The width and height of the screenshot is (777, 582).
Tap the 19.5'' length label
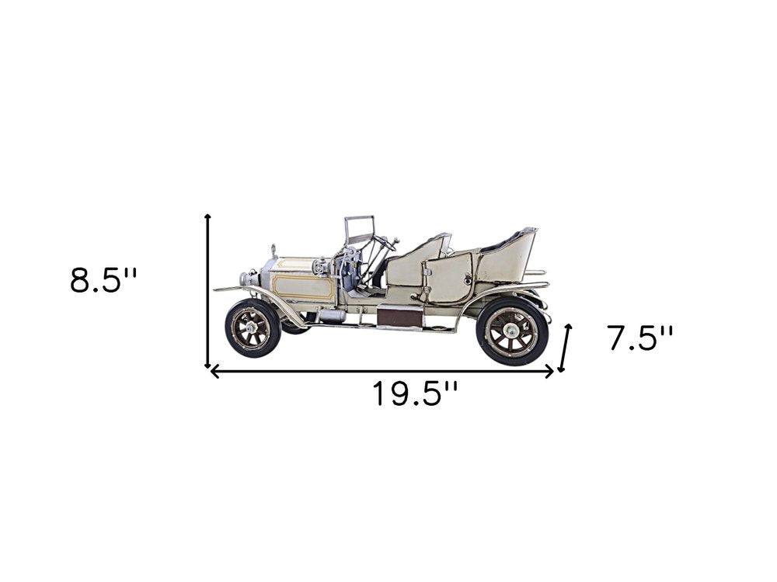pyautogui.click(x=413, y=394)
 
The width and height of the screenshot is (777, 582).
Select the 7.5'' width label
pyautogui.click(x=639, y=338)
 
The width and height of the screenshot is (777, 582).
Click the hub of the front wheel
pyautogui.click(x=253, y=328)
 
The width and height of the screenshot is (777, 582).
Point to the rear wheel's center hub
pyautogui.click(x=512, y=331)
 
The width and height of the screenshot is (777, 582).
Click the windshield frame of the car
pyautogui.click(x=359, y=230)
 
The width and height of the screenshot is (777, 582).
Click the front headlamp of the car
pyautogui.click(x=248, y=277)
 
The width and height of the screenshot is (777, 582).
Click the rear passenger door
pyautogui.click(x=449, y=277)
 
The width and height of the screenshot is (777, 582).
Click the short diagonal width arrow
pyautogui.click(x=565, y=348)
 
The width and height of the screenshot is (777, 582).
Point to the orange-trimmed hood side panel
pyautogui.click(x=303, y=286)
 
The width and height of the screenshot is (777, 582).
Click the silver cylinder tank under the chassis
pyautogui.click(x=332, y=315)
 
